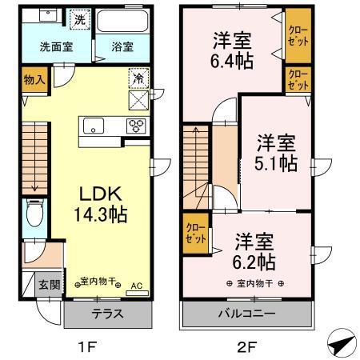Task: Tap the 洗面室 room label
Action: [56, 47]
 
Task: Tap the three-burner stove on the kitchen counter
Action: [135, 126]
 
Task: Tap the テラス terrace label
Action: [107, 314]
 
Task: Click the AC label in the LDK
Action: [135, 284]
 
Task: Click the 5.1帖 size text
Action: [278, 162]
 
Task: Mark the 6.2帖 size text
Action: [255, 262]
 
